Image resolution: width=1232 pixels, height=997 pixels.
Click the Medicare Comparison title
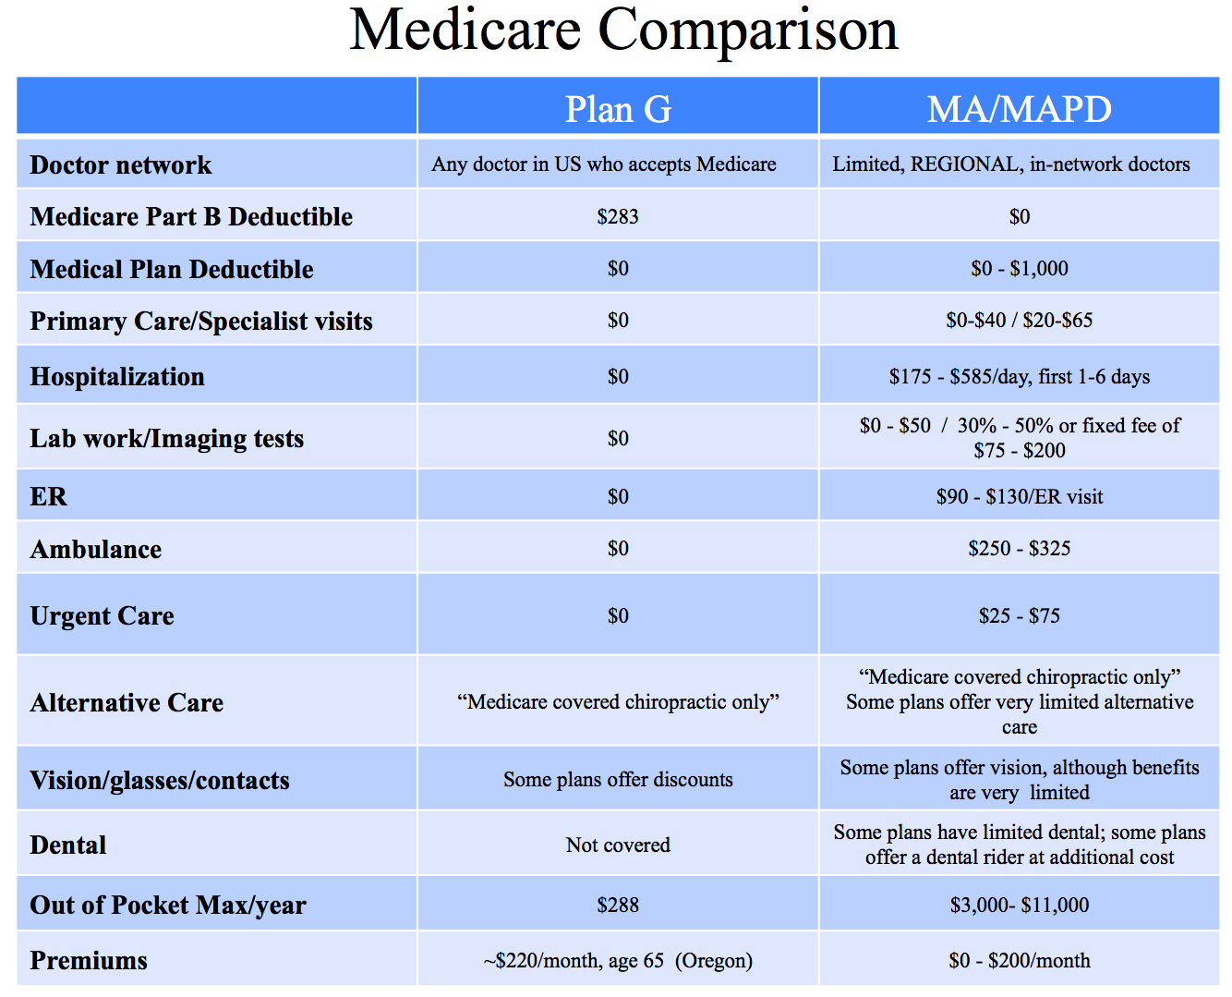(623, 30)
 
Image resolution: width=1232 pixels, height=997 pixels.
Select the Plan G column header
(618, 109)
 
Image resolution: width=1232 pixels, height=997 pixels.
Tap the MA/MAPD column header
(1019, 109)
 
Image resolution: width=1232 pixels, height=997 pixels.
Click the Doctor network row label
(121, 165)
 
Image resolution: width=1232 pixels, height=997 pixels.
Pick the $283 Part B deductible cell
(618, 217)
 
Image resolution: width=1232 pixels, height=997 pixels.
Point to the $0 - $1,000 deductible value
(1019, 269)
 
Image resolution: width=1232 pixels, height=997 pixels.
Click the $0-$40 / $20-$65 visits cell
(1019, 321)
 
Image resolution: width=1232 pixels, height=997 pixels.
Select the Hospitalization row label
(117, 377)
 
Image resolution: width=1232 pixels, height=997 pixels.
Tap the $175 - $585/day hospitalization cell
(1019, 377)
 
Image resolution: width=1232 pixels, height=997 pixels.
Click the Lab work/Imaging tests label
(167, 439)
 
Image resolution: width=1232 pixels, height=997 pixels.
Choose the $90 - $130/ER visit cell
(1019, 497)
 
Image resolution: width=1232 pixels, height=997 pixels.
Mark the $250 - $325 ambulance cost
(1019, 549)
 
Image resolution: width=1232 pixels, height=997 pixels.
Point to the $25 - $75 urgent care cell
(1019, 616)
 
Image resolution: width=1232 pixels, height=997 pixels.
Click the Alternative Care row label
(127, 703)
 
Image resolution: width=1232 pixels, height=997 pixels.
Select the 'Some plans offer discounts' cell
(618, 780)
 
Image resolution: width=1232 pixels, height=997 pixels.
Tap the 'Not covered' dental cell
(618, 845)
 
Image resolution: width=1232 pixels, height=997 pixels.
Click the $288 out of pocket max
(618, 906)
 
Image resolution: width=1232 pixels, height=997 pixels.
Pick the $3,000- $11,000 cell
(1019, 906)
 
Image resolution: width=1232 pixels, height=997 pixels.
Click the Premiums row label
(89, 961)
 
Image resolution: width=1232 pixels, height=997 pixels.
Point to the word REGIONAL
(965, 164)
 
